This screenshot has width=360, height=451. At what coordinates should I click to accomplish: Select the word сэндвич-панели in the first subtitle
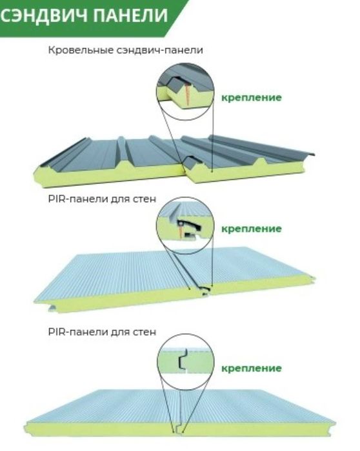point(160,50)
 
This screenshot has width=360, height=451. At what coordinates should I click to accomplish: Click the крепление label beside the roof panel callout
point(252,98)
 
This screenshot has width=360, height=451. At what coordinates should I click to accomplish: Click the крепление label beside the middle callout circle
point(252,229)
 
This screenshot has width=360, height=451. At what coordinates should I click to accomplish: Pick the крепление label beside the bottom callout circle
point(252,368)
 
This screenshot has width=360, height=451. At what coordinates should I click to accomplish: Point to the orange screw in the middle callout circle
point(181,231)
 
